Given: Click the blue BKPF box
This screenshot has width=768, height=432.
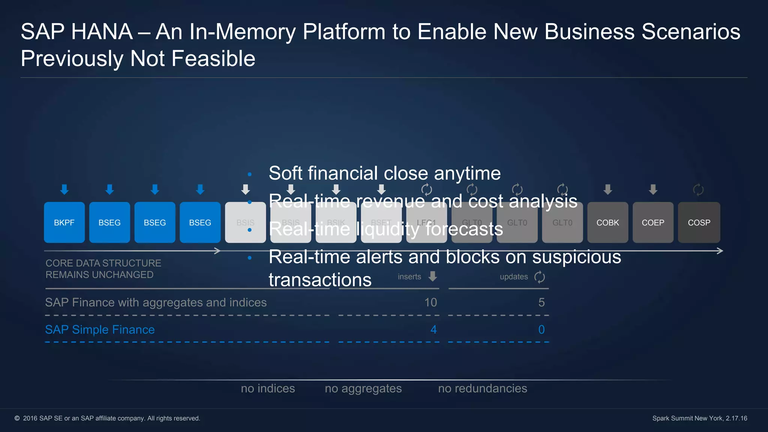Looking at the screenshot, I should click(64, 222).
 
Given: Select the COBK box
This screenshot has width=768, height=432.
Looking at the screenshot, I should click(607, 222).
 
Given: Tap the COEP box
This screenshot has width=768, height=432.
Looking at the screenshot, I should click(653, 222).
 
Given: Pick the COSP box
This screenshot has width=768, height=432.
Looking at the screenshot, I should click(699, 222).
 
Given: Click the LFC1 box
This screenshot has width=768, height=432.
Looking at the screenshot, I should click(426, 222).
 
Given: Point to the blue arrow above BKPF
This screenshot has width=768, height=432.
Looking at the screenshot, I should click(64, 189).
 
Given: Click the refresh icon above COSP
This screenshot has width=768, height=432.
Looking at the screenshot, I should click(698, 189).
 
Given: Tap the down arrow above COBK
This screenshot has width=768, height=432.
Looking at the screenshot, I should click(608, 189).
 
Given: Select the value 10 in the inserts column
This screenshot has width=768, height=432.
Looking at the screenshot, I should click(430, 302).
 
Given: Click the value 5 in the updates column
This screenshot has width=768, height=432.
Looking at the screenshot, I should click(541, 302).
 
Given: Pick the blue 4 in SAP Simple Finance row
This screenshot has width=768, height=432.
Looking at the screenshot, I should click(433, 330).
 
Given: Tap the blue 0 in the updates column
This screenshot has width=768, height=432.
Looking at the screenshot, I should click(541, 330).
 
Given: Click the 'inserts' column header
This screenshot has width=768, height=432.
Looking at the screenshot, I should click(409, 277).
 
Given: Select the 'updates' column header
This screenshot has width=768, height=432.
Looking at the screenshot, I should click(514, 277).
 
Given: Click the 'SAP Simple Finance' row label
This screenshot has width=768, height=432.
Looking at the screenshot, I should click(100, 330).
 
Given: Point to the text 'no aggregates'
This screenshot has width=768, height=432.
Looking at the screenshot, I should click(363, 388).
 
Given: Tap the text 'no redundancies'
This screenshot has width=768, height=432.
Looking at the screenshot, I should click(483, 388).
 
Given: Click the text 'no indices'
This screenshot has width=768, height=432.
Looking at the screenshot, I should click(268, 388).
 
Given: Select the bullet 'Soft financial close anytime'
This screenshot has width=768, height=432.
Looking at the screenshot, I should click(384, 173).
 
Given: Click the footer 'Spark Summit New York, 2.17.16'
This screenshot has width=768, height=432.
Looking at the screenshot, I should click(699, 418).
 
